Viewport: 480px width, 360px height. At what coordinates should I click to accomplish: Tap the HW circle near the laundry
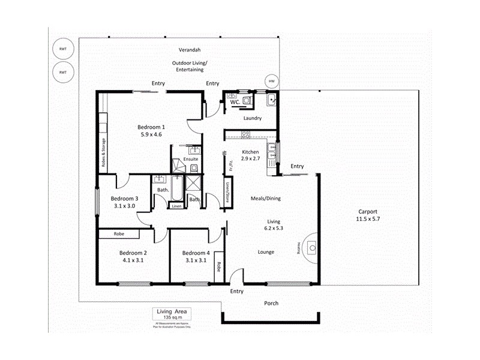(x=272, y=82)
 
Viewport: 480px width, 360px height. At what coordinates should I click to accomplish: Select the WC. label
(x=236, y=103)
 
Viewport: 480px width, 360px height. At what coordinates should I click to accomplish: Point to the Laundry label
(x=252, y=118)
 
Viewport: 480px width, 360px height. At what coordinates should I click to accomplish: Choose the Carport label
(x=368, y=211)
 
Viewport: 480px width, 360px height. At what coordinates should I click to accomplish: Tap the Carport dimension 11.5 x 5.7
(x=368, y=220)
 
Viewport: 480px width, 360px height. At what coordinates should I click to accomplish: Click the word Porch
(x=271, y=303)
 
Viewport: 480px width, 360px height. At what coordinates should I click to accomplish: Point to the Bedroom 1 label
(x=151, y=127)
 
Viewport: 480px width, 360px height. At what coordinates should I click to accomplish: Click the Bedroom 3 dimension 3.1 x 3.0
(x=124, y=206)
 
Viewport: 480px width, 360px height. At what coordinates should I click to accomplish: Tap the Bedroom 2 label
(x=133, y=253)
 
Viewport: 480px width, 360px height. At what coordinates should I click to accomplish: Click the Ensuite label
(x=191, y=159)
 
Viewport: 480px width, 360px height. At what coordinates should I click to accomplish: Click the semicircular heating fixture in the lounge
(x=311, y=247)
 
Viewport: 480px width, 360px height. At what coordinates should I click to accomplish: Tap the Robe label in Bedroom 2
(x=119, y=234)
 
